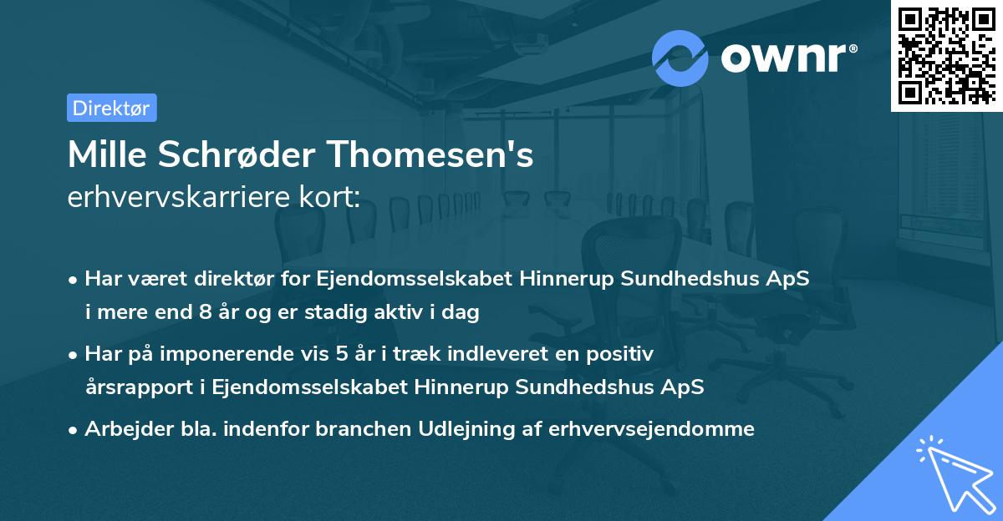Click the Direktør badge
point(111,108)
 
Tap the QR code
point(946,56)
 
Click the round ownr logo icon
point(680,58)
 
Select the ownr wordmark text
point(787,58)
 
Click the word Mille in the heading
point(104,155)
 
